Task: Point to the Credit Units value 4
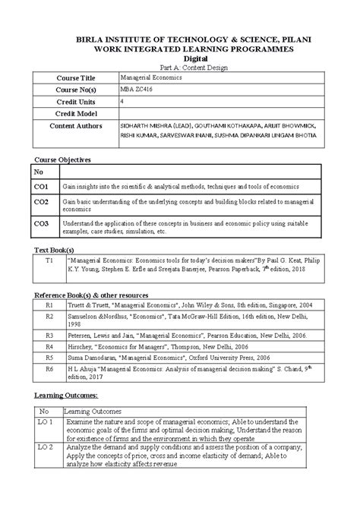(x=123, y=100)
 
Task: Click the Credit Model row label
(x=80, y=113)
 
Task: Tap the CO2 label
(x=41, y=203)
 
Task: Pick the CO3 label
(x=41, y=223)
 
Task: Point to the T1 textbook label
(x=49, y=260)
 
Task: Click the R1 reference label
(x=49, y=304)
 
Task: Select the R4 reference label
(x=49, y=344)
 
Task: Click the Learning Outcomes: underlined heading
(x=67, y=396)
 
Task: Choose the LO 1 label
(x=46, y=421)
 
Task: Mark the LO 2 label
(x=46, y=448)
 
